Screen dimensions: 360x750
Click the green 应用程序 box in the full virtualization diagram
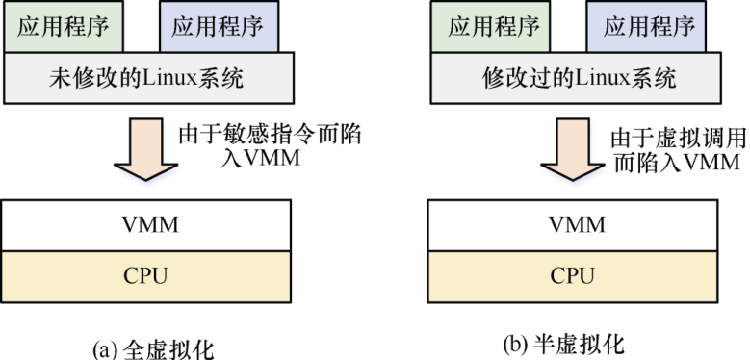pyautogui.click(x=65, y=26)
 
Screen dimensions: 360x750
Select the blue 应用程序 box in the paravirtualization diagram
pyautogui.click(x=649, y=26)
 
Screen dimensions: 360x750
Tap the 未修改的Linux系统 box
pyautogui.click(x=149, y=78)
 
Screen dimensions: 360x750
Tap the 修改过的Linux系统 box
pyautogui.click(x=579, y=78)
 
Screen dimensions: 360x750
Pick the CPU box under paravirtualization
pyautogui.click(x=577, y=276)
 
